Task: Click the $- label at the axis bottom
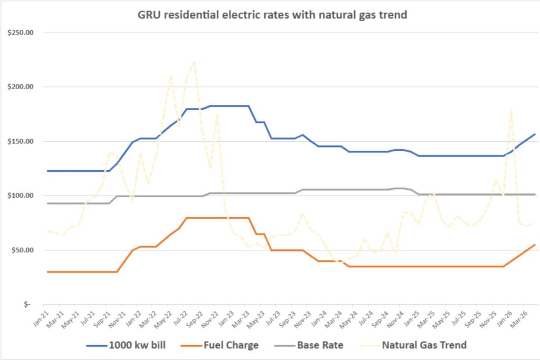pos(27,304)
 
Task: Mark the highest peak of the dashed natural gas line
pos(194,62)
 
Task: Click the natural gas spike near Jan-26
pos(511,109)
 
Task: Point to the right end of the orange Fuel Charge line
pos(535,245)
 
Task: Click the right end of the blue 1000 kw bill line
pos(535,134)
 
